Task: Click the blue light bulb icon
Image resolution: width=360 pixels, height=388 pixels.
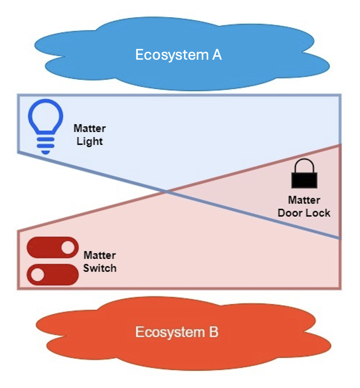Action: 45,126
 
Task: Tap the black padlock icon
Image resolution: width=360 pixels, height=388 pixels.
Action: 304,174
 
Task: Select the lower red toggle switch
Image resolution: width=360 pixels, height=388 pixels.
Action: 53,274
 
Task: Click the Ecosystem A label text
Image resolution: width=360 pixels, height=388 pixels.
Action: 178,55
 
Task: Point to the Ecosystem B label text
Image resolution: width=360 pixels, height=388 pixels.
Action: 177,332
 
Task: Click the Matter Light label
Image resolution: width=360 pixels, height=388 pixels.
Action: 89,135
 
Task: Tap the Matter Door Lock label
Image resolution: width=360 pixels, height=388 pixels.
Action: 304,206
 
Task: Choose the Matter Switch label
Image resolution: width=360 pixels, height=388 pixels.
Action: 99,262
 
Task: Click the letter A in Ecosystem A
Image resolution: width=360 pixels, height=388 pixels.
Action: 217,55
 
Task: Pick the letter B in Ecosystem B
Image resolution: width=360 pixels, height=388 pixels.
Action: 213,332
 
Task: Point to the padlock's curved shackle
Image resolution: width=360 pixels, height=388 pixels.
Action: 304,165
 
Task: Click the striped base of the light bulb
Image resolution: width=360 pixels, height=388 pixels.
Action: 45,145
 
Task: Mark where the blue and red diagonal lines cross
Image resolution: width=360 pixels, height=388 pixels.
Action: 167,190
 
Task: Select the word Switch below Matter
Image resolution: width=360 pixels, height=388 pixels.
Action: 100,268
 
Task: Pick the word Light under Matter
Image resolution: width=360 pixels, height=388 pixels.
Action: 89,141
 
